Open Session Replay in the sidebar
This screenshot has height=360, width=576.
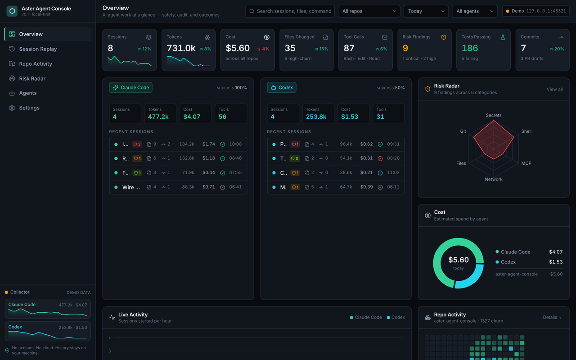click(x=38, y=49)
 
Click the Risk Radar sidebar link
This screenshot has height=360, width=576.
click(x=32, y=78)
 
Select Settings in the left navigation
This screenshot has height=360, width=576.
click(x=29, y=108)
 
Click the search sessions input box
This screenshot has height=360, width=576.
click(x=290, y=11)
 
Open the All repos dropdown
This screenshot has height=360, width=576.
click(x=369, y=11)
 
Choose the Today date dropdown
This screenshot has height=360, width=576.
click(x=426, y=11)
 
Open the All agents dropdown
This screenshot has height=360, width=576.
click(x=475, y=11)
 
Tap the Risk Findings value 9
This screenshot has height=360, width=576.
click(x=405, y=48)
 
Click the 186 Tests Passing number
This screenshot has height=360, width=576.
click(x=469, y=48)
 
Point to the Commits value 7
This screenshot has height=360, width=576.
click(x=523, y=48)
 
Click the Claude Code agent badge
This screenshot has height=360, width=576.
click(x=130, y=87)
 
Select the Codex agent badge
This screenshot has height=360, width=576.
click(x=282, y=87)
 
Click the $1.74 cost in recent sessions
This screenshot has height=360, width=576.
click(x=208, y=144)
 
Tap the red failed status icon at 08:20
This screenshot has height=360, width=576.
click(x=380, y=158)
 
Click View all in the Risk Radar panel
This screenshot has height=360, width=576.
click(x=554, y=89)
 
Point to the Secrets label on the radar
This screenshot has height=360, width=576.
click(x=494, y=115)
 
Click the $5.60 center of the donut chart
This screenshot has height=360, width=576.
click(x=459, y=260)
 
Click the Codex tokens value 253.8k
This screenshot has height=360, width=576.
click(x=316, y=117)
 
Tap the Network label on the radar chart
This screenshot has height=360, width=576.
click(x=494, y=179)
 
